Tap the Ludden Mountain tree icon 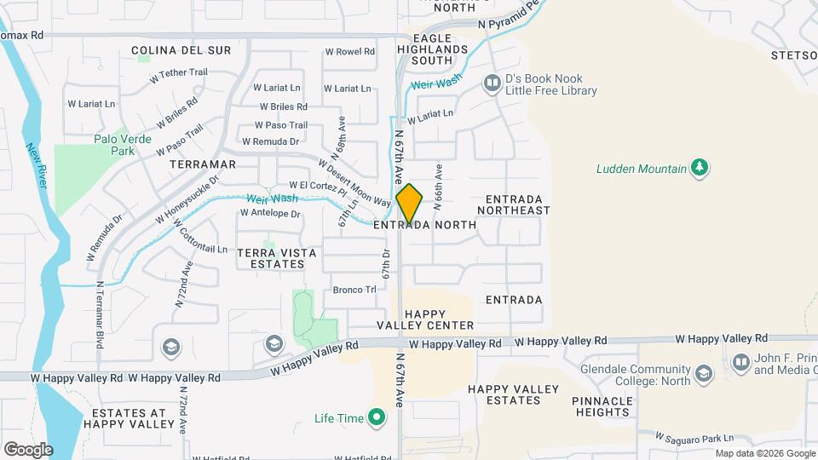[700, 168]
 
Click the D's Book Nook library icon [492, 83]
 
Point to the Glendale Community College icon [703, 374]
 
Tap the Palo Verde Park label [123, 145]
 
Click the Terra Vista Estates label [270, 258]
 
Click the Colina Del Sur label [181, 50]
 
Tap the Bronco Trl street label [354, 290]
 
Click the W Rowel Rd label [350, 52]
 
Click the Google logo [28, 449]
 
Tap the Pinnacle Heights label [601, 406]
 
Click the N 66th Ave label [438, 187]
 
